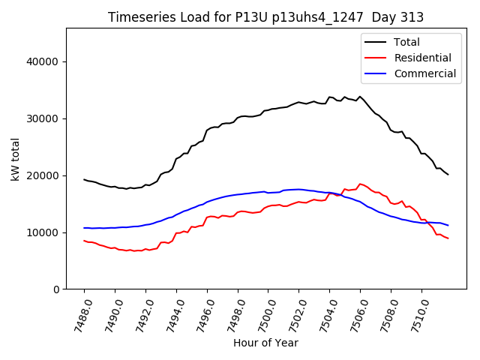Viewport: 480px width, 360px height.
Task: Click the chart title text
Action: pos(265,17)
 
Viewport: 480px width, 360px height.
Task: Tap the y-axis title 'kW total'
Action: pos(15,158)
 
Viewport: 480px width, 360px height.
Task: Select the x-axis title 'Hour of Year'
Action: pos(265,343)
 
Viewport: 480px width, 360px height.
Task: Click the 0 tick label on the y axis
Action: pos(56,289)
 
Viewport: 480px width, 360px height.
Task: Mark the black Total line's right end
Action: pos(448,175)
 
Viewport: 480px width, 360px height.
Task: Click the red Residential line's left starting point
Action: pos(84,241)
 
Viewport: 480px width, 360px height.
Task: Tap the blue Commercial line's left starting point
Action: pos(84,228)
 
